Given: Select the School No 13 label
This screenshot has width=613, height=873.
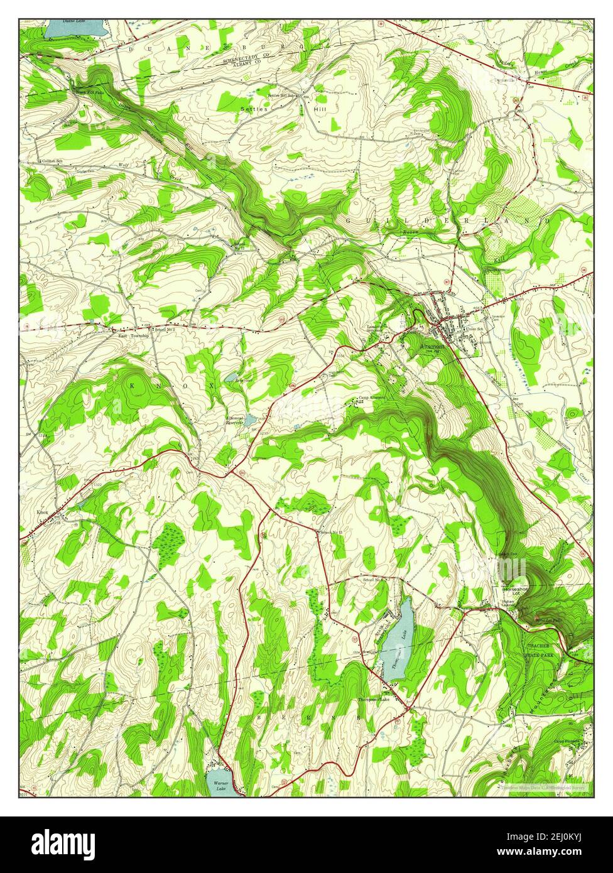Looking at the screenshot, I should click(331, 533).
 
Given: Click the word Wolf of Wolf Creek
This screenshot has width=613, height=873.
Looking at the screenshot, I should click(123, 166).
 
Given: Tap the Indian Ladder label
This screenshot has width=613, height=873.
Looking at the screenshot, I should click(507, 604).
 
